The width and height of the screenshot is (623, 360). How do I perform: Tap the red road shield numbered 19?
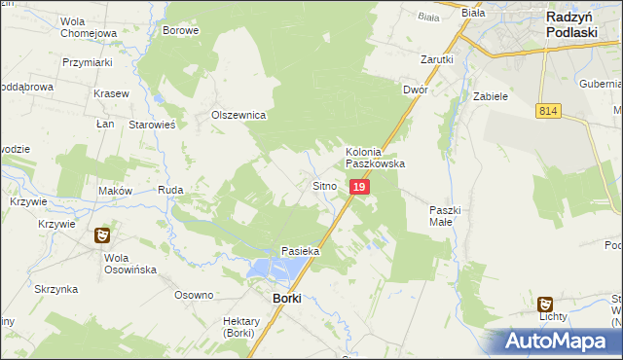[x=359, y=186]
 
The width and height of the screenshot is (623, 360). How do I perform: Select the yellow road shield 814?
[x=547, y=113]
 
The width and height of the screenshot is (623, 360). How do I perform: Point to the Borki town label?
[x=286, y=298]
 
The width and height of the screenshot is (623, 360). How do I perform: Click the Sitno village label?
[x=324, y=184]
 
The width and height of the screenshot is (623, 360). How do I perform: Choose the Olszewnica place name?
[x=239, y=115]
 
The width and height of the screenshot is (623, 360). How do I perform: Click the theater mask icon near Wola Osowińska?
[x=102, y=234]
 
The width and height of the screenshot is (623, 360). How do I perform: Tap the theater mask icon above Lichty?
[x=546, y=303]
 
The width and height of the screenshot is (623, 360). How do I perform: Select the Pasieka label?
[x=301, y=251]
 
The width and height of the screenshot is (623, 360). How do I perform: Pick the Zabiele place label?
[x=491, y=96]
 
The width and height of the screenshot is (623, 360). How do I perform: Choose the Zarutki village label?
[x=437, y=59]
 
